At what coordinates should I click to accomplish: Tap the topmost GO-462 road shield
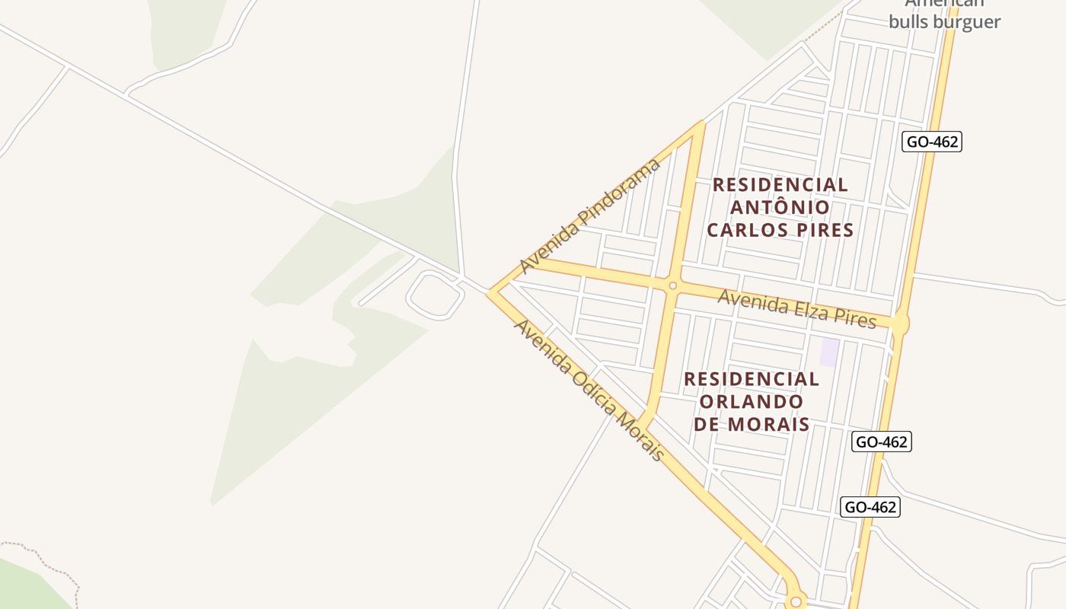931,142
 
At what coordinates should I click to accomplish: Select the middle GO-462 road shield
881,442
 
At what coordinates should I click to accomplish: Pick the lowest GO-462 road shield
870,507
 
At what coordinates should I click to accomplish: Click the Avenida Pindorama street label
590,215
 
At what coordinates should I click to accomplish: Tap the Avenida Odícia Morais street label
589,390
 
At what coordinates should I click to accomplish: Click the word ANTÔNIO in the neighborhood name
780,207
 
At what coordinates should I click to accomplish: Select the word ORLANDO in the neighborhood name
751,401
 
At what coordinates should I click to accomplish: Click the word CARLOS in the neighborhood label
743,230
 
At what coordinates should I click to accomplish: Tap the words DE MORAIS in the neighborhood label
751,424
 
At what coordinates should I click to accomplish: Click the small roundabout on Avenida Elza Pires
672,286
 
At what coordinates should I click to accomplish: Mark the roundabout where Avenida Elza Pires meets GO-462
900,323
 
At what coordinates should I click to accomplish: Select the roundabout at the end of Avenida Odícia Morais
796,601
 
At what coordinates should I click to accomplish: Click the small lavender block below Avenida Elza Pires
828,352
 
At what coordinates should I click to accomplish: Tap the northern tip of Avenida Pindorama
700,123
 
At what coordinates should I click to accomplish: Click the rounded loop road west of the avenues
436,295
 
